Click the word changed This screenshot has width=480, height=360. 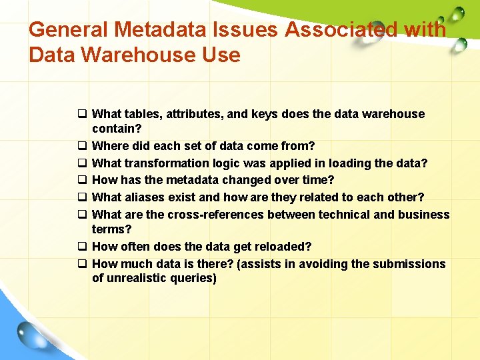(241, 180)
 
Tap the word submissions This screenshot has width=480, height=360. (408, 264)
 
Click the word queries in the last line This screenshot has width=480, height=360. (193, 278)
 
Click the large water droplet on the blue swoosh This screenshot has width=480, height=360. (30, 334)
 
